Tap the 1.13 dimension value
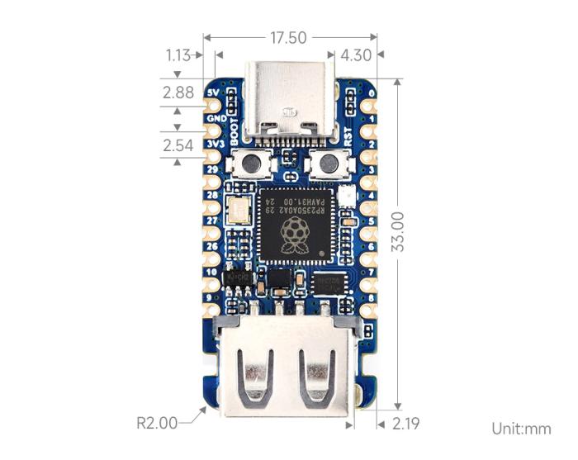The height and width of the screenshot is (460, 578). (178, 55)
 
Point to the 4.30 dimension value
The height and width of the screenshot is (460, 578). (356, 55)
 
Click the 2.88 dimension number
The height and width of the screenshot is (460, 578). (179, 92)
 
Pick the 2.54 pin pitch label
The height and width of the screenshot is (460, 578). (179, 146)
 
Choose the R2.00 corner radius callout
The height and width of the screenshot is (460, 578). (157, 423)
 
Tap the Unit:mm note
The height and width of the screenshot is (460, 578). (521, 429)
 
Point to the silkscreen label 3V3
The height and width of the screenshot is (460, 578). (217, 145)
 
